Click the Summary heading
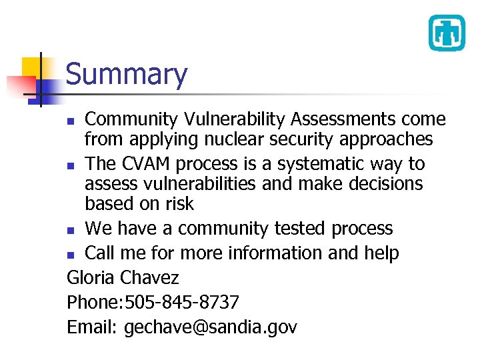pyautogui.click(x=127, y=74)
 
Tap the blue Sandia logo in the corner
pyautogui.click(x=446, y=33)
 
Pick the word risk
pyautogui.click(x=180, y=204)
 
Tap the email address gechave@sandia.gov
pyautogui.click(x=210, y=327)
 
